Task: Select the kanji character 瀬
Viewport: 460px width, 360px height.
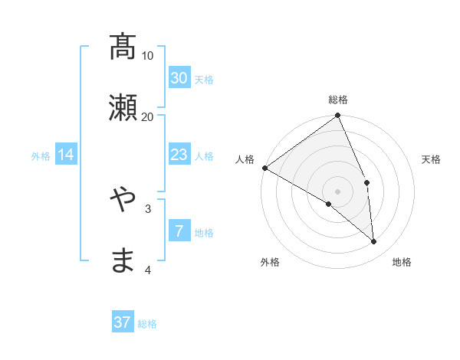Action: [123, 108]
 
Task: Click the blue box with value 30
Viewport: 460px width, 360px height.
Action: [179, 78]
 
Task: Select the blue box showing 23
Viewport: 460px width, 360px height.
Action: [179, 155]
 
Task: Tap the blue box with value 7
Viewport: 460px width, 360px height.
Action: [179, 231]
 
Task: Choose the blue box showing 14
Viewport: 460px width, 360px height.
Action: [66, 155]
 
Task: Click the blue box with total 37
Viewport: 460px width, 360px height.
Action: [123, 322]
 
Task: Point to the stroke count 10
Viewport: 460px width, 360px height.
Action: [148, 56]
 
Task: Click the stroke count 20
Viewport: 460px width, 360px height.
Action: [148, 116]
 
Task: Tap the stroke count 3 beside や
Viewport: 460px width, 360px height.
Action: [148, 208]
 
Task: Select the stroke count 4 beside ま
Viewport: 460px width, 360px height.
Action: [148, 270]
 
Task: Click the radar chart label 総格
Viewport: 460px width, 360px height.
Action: [338, 100]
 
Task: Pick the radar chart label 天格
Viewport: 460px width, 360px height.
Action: [432, 159]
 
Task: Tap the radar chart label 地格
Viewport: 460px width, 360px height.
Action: [402, 263]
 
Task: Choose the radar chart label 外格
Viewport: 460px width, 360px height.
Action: [270, 263]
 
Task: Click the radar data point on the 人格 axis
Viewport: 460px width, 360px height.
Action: [264, 168]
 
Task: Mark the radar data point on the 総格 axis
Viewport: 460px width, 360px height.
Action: [338, 116]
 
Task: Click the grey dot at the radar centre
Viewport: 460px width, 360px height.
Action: [338, 191]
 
